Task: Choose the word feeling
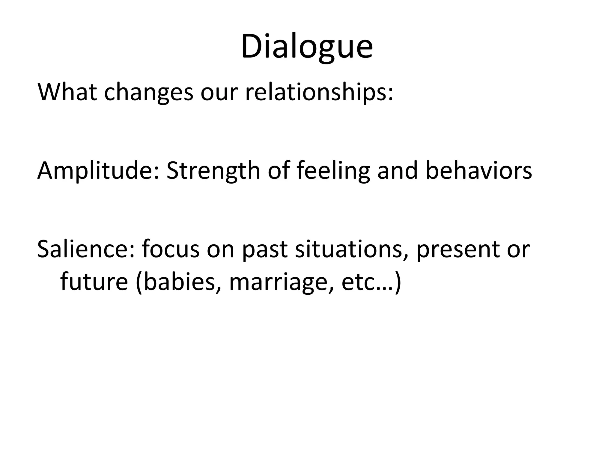click(333, 171)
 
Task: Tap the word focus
click(171, 249)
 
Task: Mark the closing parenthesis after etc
click(398, 282)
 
